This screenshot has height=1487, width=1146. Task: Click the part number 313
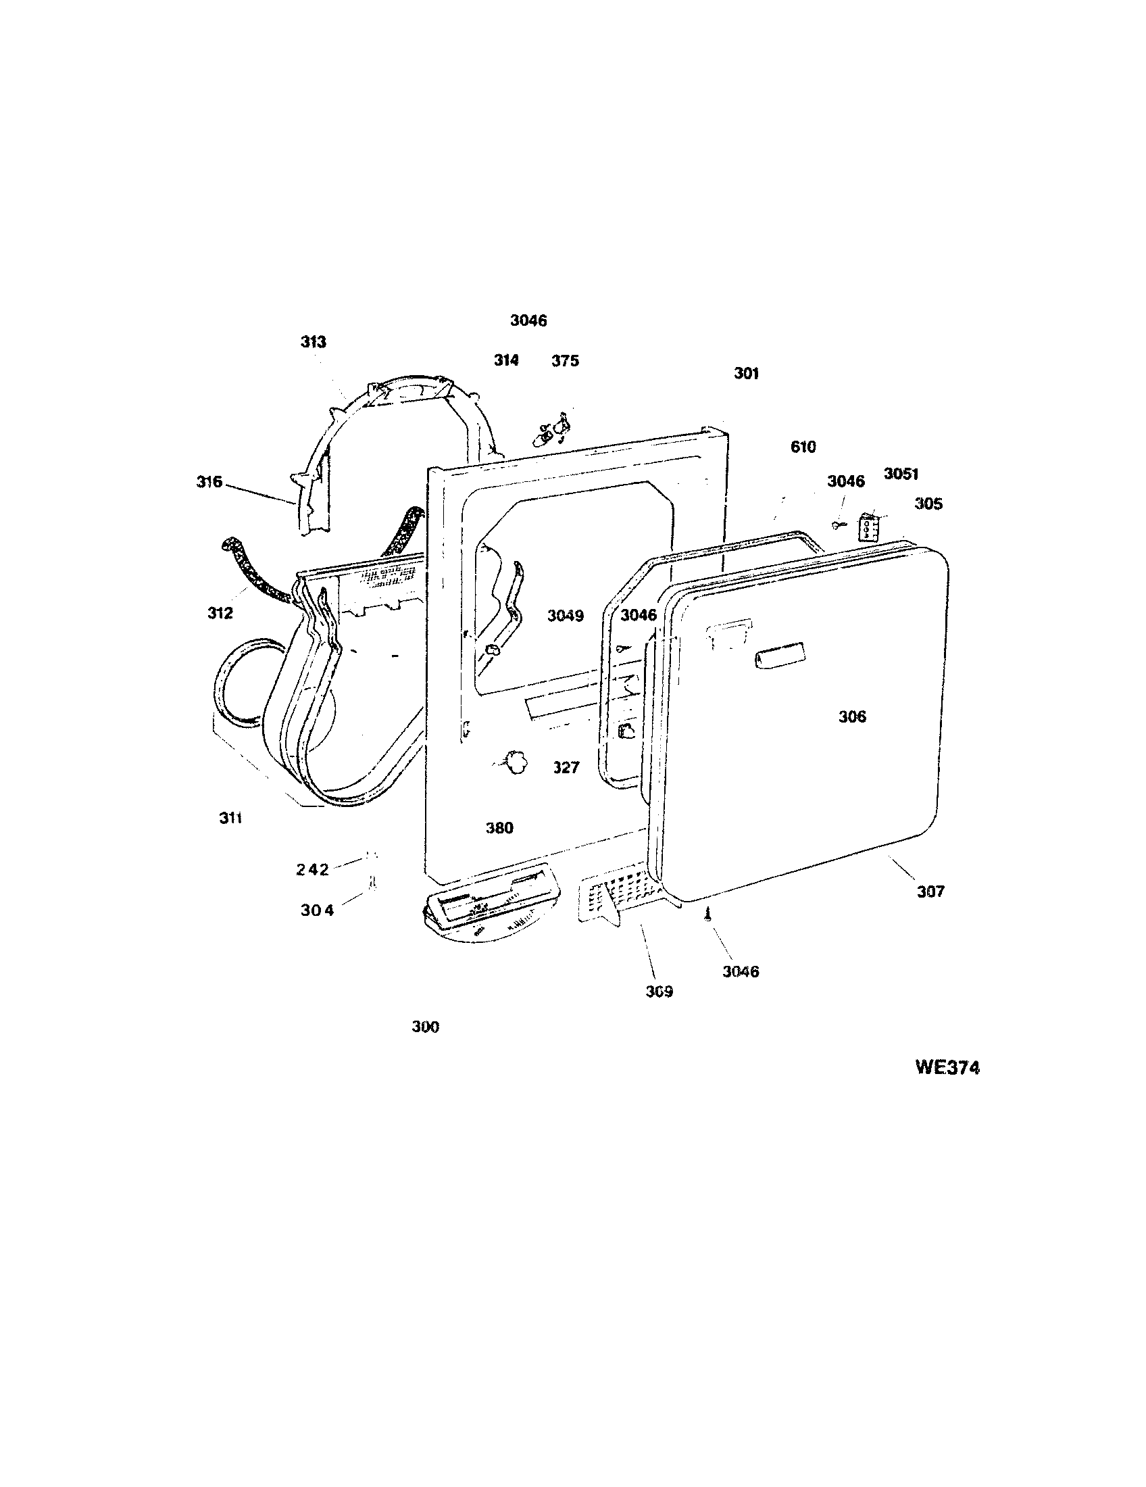click(x=314, y=342)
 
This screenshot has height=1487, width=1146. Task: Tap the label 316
click(x=209, y=482)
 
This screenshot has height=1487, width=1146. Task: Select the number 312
click(x=220, y=613)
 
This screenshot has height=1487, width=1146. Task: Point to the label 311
click(x=230, y=818)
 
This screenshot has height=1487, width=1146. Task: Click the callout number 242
click(x=312, y=869)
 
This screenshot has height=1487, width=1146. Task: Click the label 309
click(x=659, y=992)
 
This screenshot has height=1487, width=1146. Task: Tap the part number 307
click(x=930, y=892)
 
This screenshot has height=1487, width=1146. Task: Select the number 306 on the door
click(x=852, y=716)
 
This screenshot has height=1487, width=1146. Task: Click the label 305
click(x=928, y=504)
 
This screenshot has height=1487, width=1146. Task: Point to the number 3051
click(x=901, y=474)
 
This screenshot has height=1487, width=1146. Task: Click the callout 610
click(x=803, y=447)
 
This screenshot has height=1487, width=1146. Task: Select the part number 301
click(x=746, y=373)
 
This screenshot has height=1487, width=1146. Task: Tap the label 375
click(x=566, y=360)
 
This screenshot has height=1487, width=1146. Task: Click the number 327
click(x=566, y=767)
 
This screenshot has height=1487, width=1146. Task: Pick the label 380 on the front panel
click(x=499, y=828)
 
